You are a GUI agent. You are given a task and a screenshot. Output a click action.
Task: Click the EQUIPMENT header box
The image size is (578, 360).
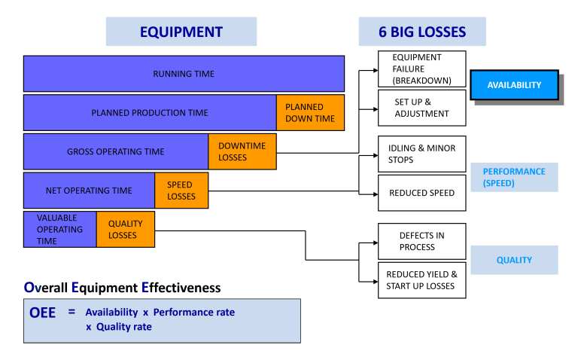(x=181, y=32)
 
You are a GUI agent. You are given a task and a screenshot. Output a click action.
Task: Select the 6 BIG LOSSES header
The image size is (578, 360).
(x=421, y=32)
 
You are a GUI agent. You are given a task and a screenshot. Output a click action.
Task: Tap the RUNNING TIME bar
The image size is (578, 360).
(x=184, y=74)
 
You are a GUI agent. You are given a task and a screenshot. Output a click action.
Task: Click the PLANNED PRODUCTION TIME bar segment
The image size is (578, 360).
(x=150, y=113)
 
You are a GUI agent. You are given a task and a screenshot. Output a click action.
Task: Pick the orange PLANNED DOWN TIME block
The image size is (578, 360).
(x=310, y=113)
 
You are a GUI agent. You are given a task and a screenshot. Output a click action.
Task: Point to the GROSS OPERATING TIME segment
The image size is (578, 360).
(x=116, y=151)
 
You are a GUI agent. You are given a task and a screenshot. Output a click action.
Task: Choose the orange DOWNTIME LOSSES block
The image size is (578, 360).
(x=242, y=151)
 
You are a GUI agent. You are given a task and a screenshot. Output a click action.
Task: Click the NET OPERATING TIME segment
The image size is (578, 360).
(x=89, y=191)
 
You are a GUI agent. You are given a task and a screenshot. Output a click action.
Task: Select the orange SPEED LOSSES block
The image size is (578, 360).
(x=181, y=191)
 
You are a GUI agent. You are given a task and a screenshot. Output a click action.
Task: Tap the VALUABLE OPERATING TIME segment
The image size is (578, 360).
(x=59, y=229)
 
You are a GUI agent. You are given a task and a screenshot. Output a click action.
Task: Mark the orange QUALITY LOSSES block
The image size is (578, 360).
(x=125, y=229)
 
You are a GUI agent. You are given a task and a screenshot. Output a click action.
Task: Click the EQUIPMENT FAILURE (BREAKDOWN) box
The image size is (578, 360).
(x=421, y=69)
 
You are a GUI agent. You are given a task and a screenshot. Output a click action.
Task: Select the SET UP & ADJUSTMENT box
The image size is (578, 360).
(x=421, y=108)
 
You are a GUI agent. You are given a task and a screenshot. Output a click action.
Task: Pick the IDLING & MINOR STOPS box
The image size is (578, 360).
(x=421, y=154)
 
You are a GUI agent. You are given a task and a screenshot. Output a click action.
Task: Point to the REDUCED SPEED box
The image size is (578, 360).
(x=421, y=193)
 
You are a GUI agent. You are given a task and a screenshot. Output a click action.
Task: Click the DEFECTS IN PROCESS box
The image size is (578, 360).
(x=421, y=241)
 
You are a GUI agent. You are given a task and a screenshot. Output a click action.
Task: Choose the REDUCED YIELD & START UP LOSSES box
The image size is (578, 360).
(x=421, y=280)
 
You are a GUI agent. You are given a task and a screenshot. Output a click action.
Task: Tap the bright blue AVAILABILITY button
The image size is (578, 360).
(x=514, y=85)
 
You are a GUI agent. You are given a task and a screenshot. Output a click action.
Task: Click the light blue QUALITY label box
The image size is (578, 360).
(x=514, y=260)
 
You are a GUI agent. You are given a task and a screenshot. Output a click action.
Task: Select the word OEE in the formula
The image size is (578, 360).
(x=42, y=313)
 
